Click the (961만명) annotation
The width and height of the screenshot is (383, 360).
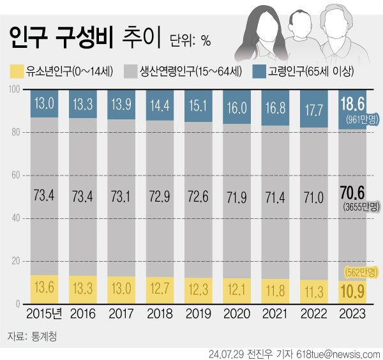[x=360, y=119]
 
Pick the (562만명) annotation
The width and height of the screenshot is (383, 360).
[x=360, y=273]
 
